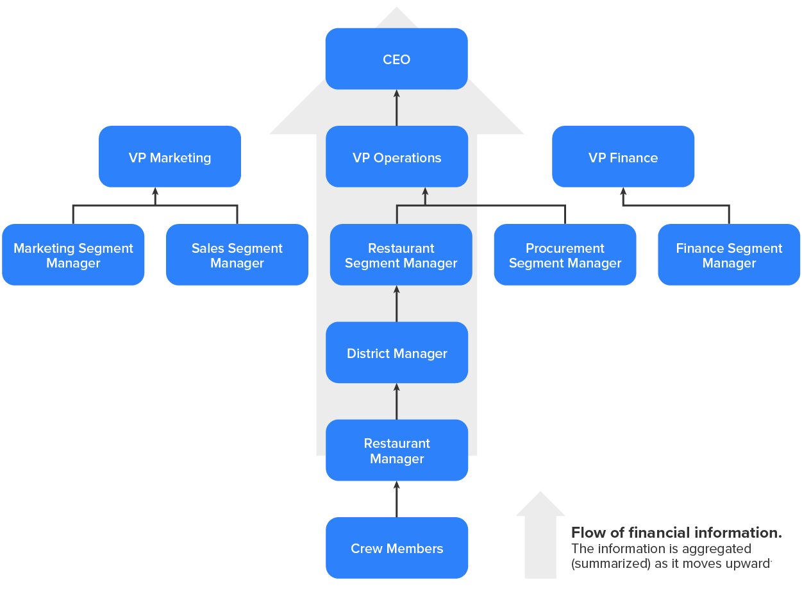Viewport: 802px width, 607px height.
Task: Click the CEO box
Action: [x=396, y=59]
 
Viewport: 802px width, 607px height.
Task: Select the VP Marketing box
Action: [x=170, y=157]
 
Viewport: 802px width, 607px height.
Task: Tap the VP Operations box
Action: [x=396, y=157]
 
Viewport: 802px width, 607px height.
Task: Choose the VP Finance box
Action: [x=623, y=157]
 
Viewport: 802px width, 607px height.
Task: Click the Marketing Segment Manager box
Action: [x=73, y=255]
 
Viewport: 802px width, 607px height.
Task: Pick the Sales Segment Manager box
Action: [x=237, y=255]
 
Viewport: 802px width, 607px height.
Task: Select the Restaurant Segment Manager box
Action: [x=401, y=255]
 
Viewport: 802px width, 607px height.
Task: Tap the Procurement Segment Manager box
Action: [x=565, y=255]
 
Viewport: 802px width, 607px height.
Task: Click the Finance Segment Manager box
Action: [x=729, y=255]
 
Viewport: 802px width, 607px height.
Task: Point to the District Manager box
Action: [x=396, y=353]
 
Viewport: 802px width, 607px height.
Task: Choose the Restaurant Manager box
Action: [x=396, y=450]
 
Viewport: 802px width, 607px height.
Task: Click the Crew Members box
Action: [x=396, y=548]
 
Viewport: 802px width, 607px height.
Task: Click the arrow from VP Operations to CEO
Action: [x=396, y=108]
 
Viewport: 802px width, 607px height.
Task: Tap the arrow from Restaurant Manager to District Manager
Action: [x=396, y=402]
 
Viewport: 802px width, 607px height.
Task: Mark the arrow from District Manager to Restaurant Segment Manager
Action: [x=396, y=303]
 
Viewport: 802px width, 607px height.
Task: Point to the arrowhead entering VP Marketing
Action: [x=155, y=192]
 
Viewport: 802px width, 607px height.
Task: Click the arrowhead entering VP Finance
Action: [x=623, y=192]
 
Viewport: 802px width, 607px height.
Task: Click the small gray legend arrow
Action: [x=540, y=536]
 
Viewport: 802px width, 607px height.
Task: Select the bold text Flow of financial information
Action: [x=676, y=533]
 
